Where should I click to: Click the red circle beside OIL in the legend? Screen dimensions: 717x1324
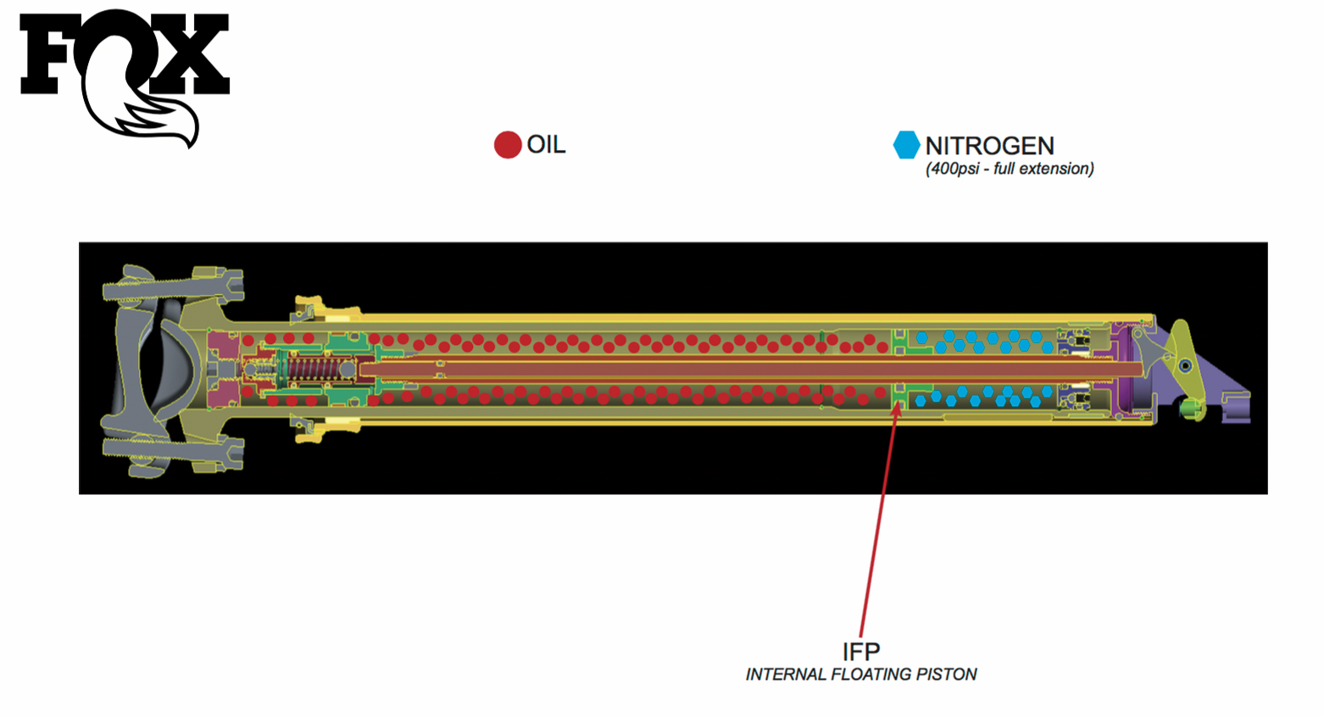507,145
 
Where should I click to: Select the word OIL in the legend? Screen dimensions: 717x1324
546,145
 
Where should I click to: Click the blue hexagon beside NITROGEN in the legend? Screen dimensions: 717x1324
906,145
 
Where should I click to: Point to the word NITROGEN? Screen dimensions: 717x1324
989,146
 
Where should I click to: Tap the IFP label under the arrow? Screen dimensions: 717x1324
860,651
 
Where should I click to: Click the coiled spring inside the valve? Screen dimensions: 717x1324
313,370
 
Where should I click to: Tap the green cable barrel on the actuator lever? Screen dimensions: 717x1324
1191,409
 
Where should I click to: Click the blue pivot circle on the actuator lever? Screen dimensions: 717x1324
1185,365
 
